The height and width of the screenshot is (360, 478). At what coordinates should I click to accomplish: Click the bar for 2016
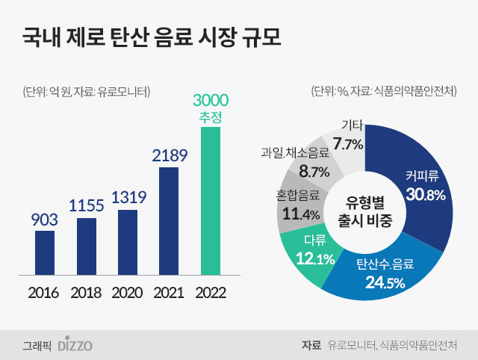tap(45, 252)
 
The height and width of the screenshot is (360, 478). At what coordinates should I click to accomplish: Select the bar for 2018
tap(87, 246)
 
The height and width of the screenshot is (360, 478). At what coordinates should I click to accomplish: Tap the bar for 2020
tap(128, 242)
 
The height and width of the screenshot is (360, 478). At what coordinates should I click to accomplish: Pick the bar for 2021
tap(169, 221)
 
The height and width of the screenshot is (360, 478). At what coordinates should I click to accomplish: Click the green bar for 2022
tap(211, 201)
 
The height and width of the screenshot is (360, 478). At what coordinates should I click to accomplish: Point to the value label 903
tap(45, 220)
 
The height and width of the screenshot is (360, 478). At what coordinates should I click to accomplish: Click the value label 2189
tap(169, 155)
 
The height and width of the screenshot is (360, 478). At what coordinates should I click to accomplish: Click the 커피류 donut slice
tap(423, 187)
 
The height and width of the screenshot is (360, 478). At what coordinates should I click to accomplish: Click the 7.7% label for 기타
tap(348, 143)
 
